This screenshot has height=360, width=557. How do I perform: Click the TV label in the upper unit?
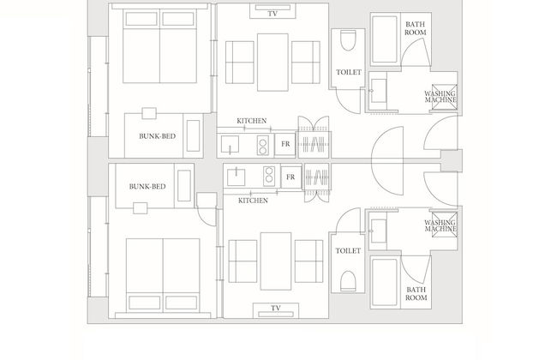click(x=273, y=14)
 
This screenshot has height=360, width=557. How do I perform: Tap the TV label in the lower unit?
click(x=276, y=308)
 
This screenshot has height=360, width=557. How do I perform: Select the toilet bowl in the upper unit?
click(x=348, y=40)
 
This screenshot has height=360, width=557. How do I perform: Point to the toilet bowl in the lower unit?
click(x=348, y=281)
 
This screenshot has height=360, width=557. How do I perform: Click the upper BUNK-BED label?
click(x=157, y=136)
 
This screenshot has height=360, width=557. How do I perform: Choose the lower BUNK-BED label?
click(x=147, y=187)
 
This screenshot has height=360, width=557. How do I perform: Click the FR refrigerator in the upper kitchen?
click(x=285, y=144)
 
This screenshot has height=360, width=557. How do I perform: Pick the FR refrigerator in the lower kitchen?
click(x=290, y=177)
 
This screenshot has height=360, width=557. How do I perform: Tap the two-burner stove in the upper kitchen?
click(x=263, y=147)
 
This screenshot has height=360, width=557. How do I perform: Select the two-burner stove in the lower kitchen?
click(x=269, y=176)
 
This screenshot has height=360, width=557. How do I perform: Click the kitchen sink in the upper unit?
click(x=230, y=144)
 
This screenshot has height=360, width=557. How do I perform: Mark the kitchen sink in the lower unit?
click(x=236, y=177)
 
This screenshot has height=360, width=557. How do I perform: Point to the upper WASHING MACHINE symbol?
click(x=445, y=97)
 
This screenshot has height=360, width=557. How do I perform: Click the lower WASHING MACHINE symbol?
click(x=445, y=225)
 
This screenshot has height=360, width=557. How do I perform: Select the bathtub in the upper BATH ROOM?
click(x=385, y=39)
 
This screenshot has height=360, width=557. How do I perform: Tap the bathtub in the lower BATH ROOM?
click(x=385, y=282)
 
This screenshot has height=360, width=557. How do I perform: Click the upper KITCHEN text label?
click(x=251, y=121)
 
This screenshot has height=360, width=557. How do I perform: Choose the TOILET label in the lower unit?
click(x=348, y=251)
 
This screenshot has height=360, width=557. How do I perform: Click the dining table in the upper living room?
click(x=273, y=63)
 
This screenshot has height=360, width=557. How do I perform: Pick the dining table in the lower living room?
click(x=276, y=261)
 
